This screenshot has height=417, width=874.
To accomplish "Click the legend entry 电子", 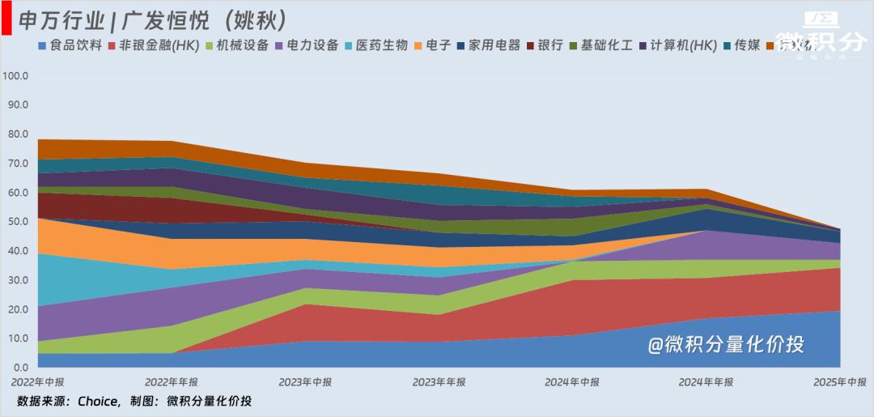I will click(x=438, y=45).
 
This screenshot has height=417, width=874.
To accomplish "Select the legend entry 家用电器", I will click(x=494, y=45).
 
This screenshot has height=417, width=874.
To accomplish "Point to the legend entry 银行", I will click(x=549, y=45).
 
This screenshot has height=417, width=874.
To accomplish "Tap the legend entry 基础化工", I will click(x=607, y=45).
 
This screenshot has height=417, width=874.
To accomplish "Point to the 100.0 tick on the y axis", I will click(x=16, y=76).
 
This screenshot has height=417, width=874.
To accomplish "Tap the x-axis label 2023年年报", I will click(x=439, y=382).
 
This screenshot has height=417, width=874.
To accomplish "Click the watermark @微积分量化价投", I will click(x=725, y=345).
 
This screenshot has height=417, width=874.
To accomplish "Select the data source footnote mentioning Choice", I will click(x=134, y=402).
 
